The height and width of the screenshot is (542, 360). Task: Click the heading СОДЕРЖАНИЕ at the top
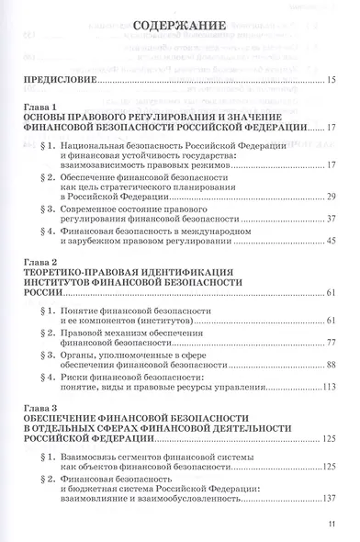point(180,14)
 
